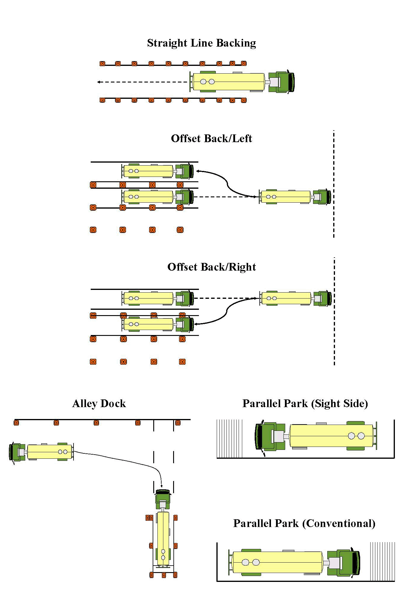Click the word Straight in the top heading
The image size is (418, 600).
(167, 43)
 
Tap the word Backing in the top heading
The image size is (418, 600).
(236, 43)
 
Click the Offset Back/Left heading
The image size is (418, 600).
(211, 139)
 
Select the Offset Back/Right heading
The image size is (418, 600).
(211, 267)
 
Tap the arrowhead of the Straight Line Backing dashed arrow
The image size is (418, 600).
(99, 82)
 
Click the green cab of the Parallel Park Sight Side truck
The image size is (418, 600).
(268, 436)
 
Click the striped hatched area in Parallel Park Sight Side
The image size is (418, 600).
(229, 439)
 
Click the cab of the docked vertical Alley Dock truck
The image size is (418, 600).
(163, 499)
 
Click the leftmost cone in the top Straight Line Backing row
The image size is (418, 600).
(102, 64)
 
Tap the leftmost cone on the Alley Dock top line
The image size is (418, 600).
(16, 423)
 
